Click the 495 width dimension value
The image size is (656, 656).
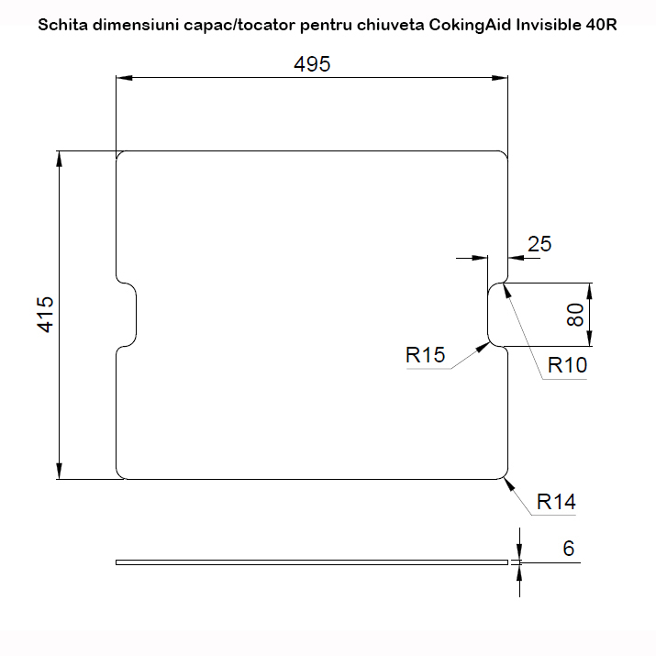tap(311, 64)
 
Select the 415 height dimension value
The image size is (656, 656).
tap(47, 314)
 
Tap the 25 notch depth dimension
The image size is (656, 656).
tap(540, 244)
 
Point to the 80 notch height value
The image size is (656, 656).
tap(575, 315)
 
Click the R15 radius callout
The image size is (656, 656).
tap(426, 355)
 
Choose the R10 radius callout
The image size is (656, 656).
tap(567, 365)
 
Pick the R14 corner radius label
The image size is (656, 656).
tap(556, 502)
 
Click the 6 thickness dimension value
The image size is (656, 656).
tap(569, 549)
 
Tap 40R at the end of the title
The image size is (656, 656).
tap(601, 25)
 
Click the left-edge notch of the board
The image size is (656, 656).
tap(128, 314)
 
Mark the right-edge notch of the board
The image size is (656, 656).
tap(496, 315)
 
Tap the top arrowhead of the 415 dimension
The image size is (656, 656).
tap(60, 159)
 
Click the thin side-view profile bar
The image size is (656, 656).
tap(312, 561)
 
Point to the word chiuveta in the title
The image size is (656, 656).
tap(395, 25)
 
